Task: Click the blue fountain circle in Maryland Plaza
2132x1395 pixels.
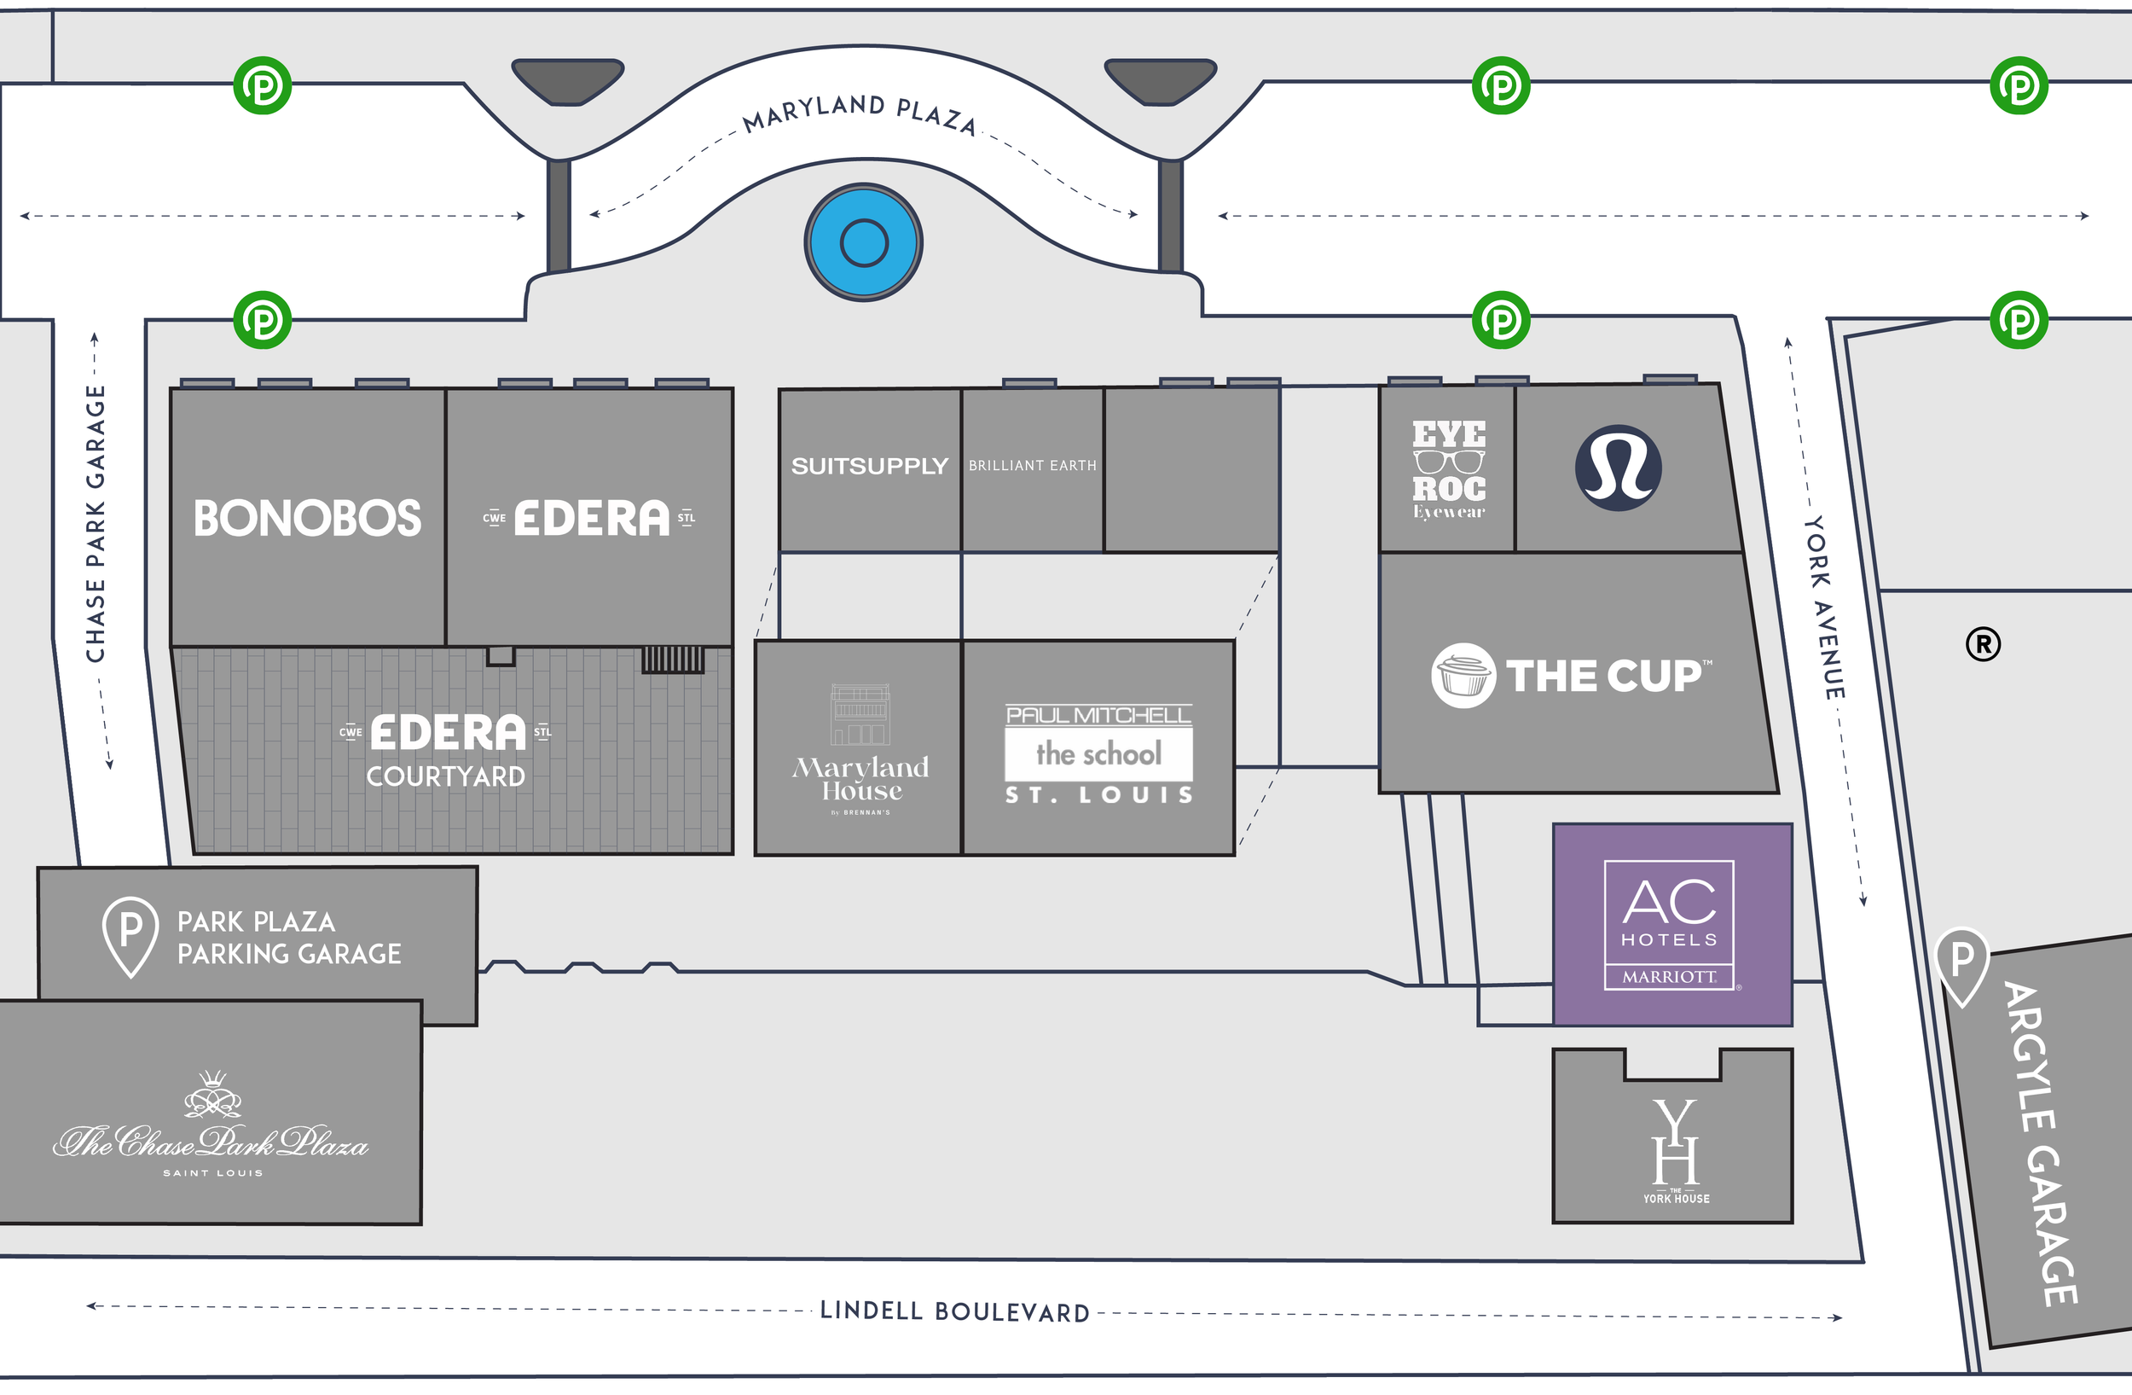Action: (864, 243)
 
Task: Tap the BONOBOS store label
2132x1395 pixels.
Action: (307, 519)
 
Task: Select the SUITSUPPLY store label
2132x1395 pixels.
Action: (869, 466)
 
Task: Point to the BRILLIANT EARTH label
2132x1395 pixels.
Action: (1032, 466)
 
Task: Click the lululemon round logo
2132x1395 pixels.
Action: (1618, 468)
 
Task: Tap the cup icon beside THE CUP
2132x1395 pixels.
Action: (1463, 676)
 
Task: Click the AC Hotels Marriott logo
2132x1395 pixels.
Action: (1670, 925)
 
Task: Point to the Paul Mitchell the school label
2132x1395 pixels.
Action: (1098, 753)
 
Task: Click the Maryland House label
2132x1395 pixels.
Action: (860, 779)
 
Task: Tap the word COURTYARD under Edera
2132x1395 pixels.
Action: (445, 776)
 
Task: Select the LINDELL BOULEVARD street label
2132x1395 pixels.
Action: (955, 1311)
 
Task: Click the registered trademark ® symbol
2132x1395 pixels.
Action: (1984, 644)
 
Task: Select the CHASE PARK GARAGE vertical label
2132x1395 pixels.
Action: (96, 524)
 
